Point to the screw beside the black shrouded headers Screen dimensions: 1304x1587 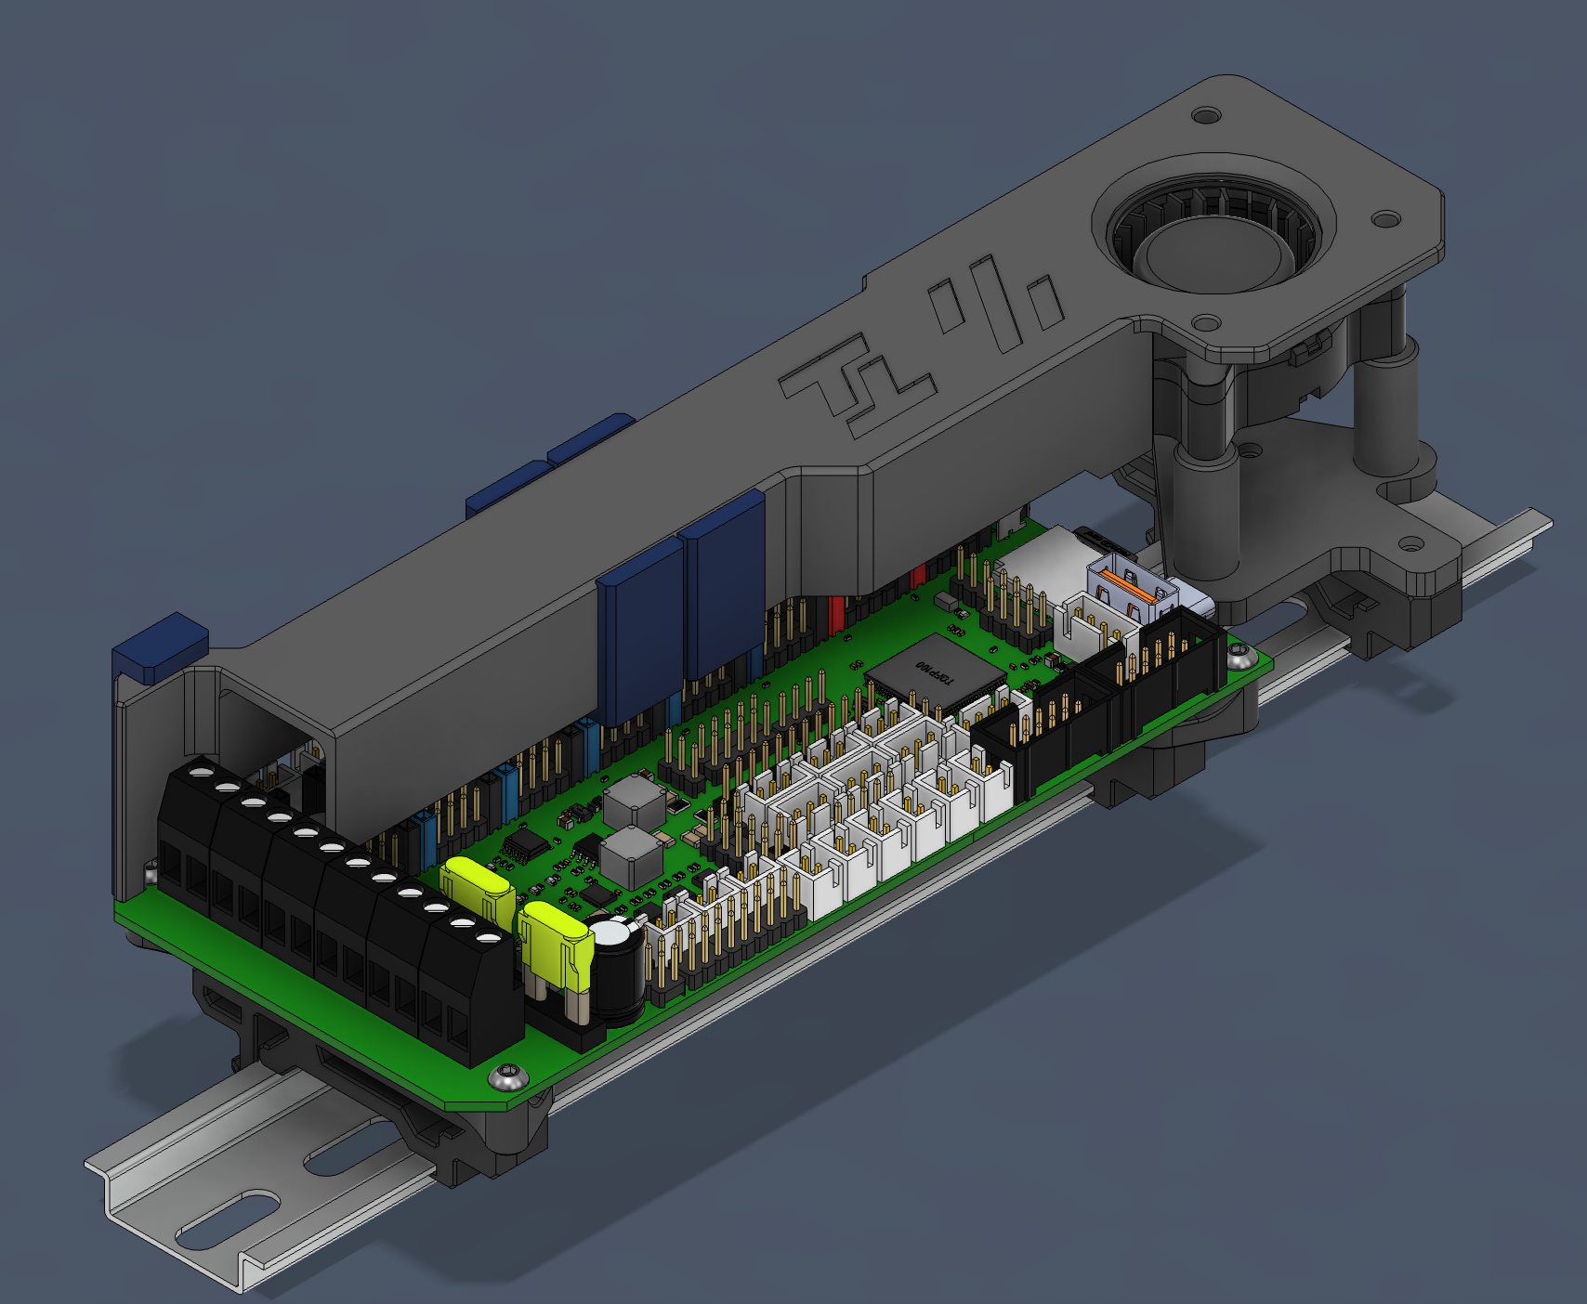1239,657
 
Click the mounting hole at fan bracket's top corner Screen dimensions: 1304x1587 1206,116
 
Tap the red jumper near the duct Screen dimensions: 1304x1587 835,612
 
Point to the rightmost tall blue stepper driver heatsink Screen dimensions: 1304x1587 725,585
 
